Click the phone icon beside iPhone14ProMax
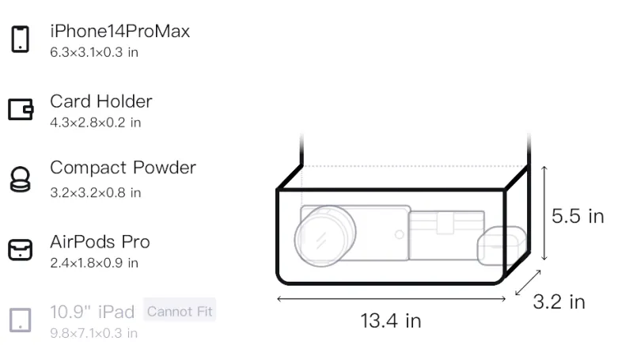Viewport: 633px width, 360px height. pos(21,39)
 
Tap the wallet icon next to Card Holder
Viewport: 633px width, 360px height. pos(21,109)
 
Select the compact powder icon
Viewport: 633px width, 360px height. pos(21,179)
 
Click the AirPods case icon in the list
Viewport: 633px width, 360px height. pos(21,249)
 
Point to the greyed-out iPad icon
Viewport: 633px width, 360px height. pos(21,320)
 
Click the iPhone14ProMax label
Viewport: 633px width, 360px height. pos(120,31)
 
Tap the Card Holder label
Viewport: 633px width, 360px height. pos(101,101)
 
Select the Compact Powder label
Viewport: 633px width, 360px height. pos(123,168)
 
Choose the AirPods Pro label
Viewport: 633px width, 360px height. pos(100,242)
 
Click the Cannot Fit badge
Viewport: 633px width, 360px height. pos(180,311)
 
